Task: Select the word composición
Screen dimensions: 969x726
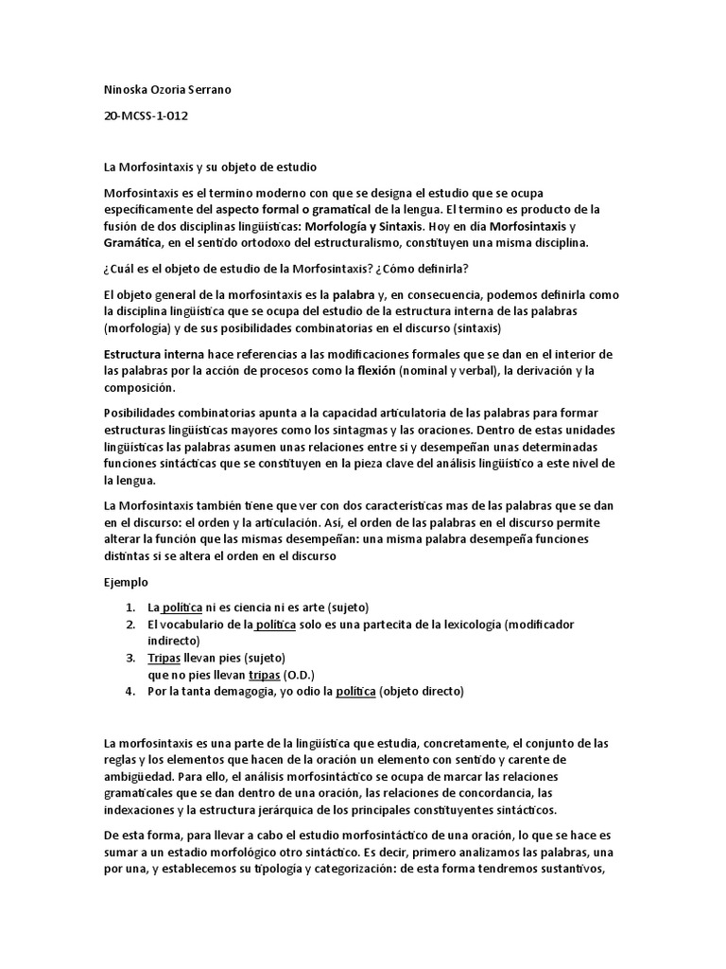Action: pyautogui.click(x=139, y=387)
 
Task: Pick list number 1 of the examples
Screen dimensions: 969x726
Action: pyautogui.click(x=130, y=607)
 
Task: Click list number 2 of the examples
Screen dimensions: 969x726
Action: pyautogui.click(x=130, y=625)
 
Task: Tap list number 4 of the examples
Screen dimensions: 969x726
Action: pyautogui.click(x=130, y=692)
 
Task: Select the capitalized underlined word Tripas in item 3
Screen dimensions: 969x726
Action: pyautogui.click(x=165, y=658)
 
